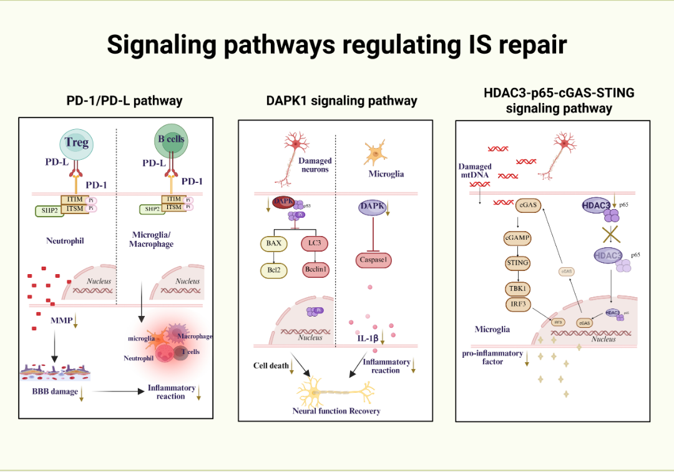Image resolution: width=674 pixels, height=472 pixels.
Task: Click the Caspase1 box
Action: tap(374, 259)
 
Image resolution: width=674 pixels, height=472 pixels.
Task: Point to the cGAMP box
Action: tap(517, 238)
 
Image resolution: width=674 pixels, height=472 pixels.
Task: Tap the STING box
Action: tap(517, 263)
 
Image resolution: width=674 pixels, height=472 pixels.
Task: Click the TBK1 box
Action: tap(517, 288)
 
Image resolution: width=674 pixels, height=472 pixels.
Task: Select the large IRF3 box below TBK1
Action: tap(517, 303)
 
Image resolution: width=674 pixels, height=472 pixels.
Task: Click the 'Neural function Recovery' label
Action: tap(336, 411)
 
